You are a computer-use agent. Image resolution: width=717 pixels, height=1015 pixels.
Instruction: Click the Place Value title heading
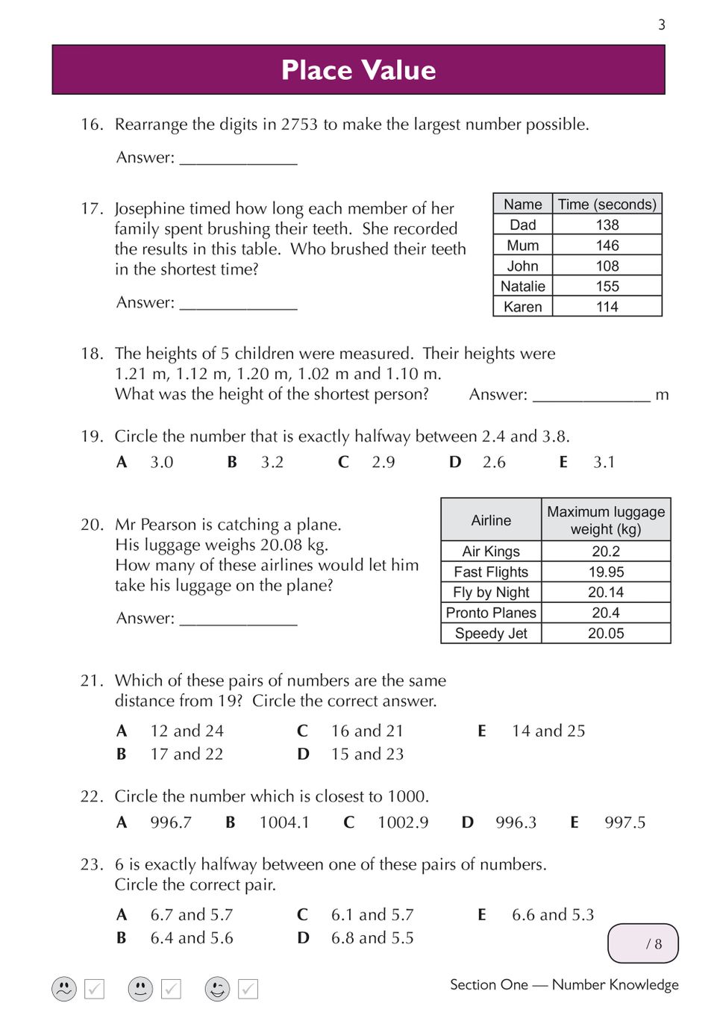coord(358,70)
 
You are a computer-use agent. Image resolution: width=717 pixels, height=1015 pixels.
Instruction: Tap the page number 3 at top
coord(661,25)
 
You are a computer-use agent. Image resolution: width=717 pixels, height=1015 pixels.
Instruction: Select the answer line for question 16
coord(239,159)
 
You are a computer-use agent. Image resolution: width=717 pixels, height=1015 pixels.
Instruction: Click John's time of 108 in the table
coord(607,266)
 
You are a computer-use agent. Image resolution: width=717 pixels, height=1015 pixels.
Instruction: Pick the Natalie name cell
coord(522,286)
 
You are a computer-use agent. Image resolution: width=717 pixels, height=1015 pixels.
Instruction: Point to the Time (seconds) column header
coord(607,204)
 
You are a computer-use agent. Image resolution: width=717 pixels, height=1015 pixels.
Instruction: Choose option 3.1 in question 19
coord(604,462)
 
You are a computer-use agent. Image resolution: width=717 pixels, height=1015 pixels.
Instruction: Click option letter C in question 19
coord(343,462)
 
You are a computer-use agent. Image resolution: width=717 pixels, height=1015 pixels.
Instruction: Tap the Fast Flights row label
coord(491,572)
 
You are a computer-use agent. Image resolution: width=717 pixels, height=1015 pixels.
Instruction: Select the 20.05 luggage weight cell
coord(606,633)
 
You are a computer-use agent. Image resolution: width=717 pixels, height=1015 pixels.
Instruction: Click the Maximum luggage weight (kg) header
coord(606,520)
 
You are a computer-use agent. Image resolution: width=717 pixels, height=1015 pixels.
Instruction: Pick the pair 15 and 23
coord(367,754)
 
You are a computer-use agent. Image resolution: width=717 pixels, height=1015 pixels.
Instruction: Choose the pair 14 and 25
coord(548,731)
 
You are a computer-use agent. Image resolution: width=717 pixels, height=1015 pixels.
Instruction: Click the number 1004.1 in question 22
coord(284,822)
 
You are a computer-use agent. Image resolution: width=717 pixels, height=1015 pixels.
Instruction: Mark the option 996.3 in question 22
coord(516,822)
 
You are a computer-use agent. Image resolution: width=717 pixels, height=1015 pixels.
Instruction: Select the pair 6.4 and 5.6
coord(192,937)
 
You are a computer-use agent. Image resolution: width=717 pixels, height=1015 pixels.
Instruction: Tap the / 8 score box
coord(643,943)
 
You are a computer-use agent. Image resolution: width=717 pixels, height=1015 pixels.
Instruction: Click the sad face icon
coord(64,989)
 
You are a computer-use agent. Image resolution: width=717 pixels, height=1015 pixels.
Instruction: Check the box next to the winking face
coord(248,989)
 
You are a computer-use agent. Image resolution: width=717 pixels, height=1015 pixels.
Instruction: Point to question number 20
coord(92,525)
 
